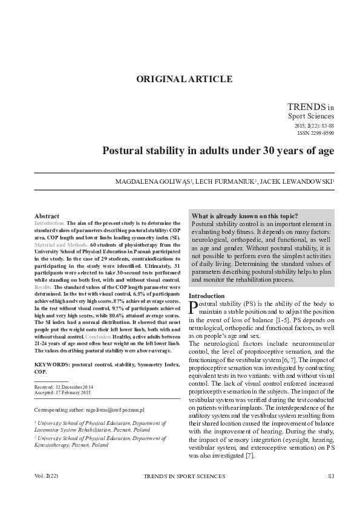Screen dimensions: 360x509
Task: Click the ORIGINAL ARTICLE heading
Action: [x=183, y=79]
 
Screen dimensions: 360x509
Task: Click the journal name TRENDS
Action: [x=306, y=106]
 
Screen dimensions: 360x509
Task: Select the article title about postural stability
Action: [x=209, y=151]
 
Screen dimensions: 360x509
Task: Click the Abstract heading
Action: [x=47, y=216]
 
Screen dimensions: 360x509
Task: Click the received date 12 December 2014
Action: [x=72, y=386]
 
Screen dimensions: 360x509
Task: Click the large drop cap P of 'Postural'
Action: [x=194, y=308]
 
